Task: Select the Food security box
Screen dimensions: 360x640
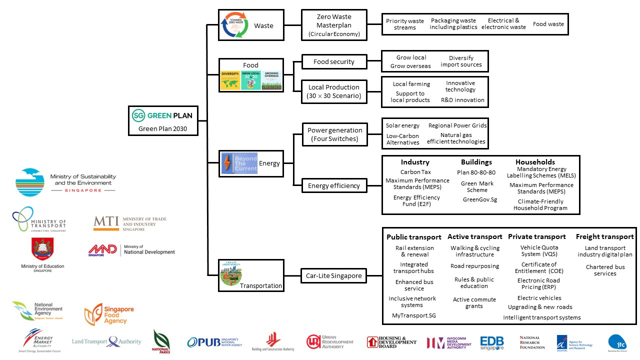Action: click(333, 62)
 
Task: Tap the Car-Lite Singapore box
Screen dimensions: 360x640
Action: click(333, 275)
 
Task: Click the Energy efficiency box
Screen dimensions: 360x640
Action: click(333, 186)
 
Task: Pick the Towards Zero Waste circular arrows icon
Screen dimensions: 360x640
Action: click(235, 25)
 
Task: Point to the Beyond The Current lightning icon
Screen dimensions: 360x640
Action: click(239, 163)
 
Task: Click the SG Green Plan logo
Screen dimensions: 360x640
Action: click(162, 115)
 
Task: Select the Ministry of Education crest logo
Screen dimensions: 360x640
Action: click(42, 249)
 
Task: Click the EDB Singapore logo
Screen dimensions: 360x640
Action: click(491, 342)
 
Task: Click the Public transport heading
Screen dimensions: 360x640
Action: click(413, 237)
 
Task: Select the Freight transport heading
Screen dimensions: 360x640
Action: click(604, 236)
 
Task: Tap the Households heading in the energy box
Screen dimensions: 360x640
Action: click(535, 162)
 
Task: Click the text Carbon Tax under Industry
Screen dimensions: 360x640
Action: click(415, 172)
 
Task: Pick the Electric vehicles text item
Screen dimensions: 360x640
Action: click(539, 298)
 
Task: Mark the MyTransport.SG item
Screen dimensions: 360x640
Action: click(413, 316)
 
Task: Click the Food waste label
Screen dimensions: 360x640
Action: click(548, 24)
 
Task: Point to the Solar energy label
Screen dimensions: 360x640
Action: click(402, 125)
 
